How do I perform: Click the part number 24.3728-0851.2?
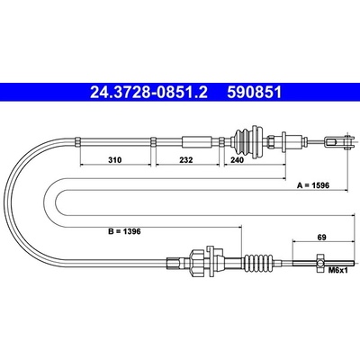click(x=148, y=93)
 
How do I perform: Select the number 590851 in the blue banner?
click(x=255, y=93)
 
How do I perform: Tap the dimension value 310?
click(x=115, y=160)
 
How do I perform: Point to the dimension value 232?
click(x=186, y=160)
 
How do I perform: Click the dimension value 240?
click(x=238, y=160)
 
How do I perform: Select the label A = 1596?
click(x=313, y=185)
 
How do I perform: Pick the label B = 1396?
click(x=124, y=231)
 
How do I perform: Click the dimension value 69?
click(x=322, y=238)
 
